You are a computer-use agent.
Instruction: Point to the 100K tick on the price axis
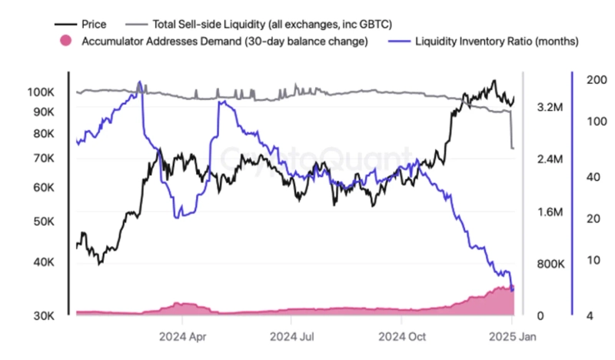[x=39, y=92]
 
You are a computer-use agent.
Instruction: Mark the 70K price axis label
[x=42, y=158]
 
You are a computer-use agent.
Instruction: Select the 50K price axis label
[x=42, y=222]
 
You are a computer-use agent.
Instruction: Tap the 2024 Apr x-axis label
[x=181, y=336]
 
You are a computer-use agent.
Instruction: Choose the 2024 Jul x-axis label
[x=291, y=336]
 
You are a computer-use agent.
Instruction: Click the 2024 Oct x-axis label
[x=402, y=336]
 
